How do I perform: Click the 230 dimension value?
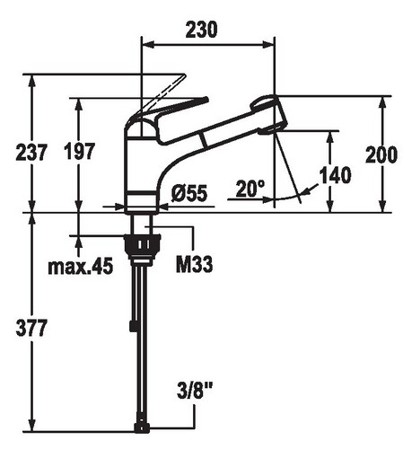201,30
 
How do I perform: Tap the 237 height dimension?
31,152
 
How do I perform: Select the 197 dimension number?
80,151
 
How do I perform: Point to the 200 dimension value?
381,154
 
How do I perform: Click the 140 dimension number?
336,175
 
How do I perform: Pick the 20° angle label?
250,189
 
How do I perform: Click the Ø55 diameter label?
189,193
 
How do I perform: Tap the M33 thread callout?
195,264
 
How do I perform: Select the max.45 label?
81,266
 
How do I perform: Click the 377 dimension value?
31,328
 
